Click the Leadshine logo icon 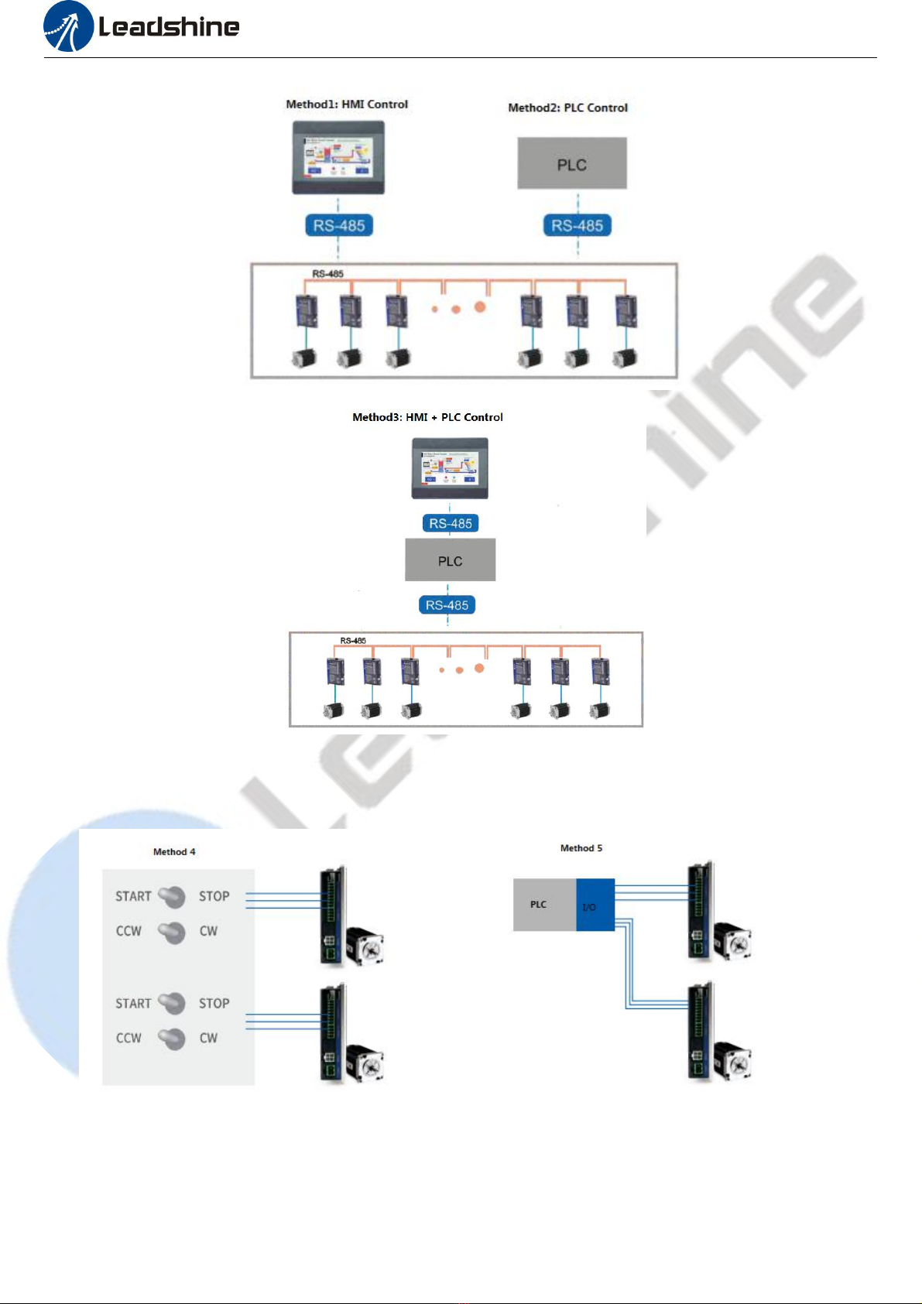68,27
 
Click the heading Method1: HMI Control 347,104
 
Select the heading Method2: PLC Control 567,108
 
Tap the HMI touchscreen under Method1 338,159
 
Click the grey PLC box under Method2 572,164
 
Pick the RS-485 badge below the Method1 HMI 339,226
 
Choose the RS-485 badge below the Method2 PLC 578,226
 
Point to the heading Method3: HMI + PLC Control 427,417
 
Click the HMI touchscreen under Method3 450,468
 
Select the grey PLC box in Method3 450,560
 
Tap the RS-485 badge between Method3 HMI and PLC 451,524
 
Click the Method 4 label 174,852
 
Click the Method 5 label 581,848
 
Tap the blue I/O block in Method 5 595,905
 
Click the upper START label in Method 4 133,896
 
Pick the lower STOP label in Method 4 214,1004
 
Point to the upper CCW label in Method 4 129,931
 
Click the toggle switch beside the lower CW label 172,1039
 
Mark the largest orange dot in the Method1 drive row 480,307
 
